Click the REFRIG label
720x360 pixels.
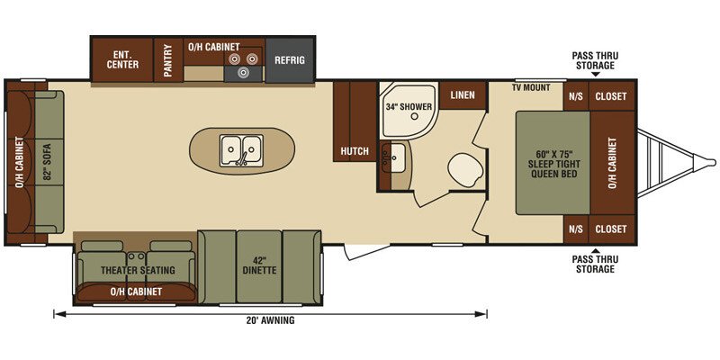(x=289, y=60)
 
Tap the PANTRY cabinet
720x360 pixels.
(x=168, y=60)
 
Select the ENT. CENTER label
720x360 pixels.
(x=122, y=59)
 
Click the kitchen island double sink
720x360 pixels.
(x=241, y=150)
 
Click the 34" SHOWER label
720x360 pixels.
(x=409, y=107)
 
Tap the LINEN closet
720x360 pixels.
(x=463, y=95)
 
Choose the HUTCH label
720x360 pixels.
(x=355, y=151)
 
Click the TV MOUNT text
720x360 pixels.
(x=531, y=87)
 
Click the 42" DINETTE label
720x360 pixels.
(x=260, y=266)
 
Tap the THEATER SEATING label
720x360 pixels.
(x=138, y=271)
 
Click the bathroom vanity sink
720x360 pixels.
(x=392, y=157)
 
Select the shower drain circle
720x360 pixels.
(x=415, y=117)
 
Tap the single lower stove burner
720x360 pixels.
(x=242, y=72)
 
